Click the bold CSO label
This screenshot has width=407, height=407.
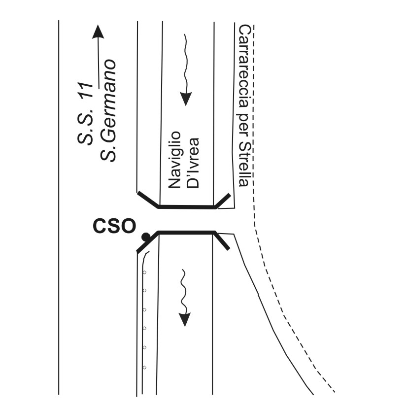click(114, 226)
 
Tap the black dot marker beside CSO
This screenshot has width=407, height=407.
click(146, 237)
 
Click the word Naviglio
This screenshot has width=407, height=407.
click(174, 160)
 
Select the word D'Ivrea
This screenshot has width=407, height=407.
click(193, 163)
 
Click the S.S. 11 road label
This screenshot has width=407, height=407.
click(85, 113)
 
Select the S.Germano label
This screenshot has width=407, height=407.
click(108, 110)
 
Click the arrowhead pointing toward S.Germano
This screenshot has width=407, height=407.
click(98, 32)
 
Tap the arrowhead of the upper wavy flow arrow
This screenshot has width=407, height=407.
click(186, 99)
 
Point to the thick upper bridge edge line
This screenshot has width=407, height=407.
click(187, 206)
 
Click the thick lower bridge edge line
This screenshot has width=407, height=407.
click(186, 232)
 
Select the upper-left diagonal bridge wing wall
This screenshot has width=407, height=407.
click(148, 200)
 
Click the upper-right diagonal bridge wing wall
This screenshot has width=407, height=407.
click(223, 201)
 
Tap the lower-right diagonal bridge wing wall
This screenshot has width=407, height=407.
click(222, 240)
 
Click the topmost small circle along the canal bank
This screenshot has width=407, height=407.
click(144, 272)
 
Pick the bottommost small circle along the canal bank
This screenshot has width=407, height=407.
click(144, 367)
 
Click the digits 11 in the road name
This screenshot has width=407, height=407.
click(85, 90)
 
